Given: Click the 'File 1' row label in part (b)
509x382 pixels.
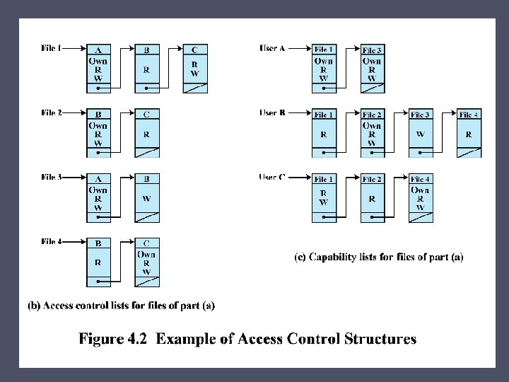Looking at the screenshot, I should pyautogui.click(x=51, y=48).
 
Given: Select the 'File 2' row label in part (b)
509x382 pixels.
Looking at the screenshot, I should pyautogui.click(x=51, y=112).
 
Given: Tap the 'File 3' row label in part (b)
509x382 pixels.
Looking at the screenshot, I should pyautogui.click(x=51, y=177).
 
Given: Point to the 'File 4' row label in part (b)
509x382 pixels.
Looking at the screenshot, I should pyautogui.click(x=51, y=241).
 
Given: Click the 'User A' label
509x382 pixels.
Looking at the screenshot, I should pyautogui.click(x=272, y=48).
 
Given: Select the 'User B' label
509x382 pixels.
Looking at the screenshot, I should pyautogui.click(x=272, y=112).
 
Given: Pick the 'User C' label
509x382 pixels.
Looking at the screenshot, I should pyautogui.click(x=272, y=177).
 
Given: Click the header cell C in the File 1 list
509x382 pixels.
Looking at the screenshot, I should pyautogui.click(x=194, y=50).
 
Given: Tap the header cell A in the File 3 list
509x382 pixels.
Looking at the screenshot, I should pyautogui.click(x=98, y=178).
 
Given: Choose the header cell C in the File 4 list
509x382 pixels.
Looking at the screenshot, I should pyautogui.click(x=146, y=243).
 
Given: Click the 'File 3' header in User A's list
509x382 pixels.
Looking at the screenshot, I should pyautogui.click(x=372, y=50).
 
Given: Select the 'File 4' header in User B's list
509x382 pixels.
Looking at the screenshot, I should pyautogui.click(x=469, y=115).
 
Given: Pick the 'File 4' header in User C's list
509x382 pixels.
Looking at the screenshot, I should pyautogui.click(x=421, y=179).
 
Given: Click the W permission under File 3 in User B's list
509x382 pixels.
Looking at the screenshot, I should pyautogui.click(x=420, y=133).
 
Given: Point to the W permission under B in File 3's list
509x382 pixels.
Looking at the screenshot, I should pyautogui.click(x=146, y=199).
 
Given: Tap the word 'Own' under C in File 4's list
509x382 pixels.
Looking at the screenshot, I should pyautogui.click(x=146, y=254).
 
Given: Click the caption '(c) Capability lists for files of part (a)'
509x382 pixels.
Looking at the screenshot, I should pyautogui.click(x=378, y=257).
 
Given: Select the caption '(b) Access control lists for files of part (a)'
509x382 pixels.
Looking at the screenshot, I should pyautogui.click(x=121, y=306).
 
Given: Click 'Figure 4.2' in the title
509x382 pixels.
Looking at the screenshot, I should pyautogui.click(x=114, y=339).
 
